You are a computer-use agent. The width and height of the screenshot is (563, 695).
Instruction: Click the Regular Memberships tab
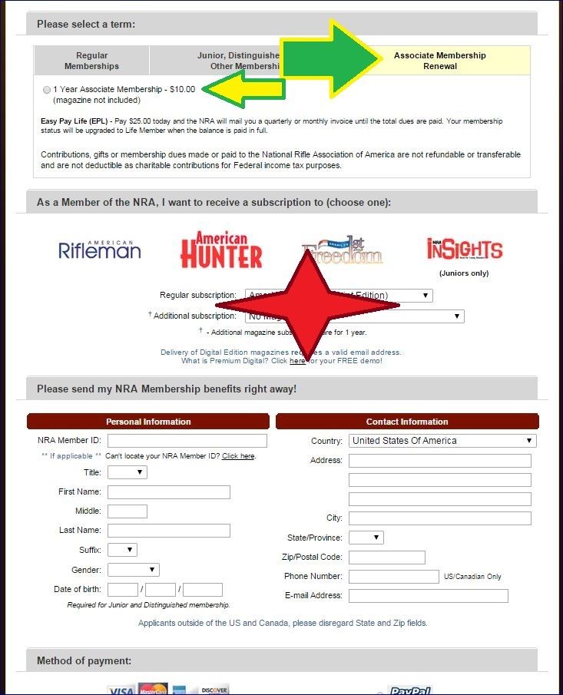click(91, 61)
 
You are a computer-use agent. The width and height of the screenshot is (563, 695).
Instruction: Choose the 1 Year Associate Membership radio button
click(48, 90)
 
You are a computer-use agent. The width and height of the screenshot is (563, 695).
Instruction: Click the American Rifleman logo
click(100, 249)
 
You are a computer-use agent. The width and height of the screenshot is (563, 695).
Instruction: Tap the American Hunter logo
click(221, 250)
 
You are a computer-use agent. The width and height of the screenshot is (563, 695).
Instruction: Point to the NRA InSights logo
click(464, 250)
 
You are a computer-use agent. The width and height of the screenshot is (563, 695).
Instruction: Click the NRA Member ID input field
click(187, 441)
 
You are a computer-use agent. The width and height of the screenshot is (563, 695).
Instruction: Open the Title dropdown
click(127, 472)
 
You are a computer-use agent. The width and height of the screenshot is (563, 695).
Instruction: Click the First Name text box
click(169, 492)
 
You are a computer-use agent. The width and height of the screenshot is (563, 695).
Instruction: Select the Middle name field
click(128, 511)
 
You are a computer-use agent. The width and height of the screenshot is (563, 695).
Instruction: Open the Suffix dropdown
click(122, 550)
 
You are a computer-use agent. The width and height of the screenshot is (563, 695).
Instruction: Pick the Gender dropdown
click(134, 570)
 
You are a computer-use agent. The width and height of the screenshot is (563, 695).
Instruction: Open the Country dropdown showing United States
click(442, 441)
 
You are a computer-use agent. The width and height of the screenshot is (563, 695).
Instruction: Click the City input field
click(439, 518)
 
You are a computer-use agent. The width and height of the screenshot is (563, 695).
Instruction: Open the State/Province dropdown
click(366, 538)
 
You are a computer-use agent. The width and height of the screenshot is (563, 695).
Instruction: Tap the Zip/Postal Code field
click(386, 558)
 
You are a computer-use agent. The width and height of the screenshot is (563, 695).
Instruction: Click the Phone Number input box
click(393, 576)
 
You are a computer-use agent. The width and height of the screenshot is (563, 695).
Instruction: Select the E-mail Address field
click(428, 596)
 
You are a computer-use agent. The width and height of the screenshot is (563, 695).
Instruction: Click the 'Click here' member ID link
click(238, 456)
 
